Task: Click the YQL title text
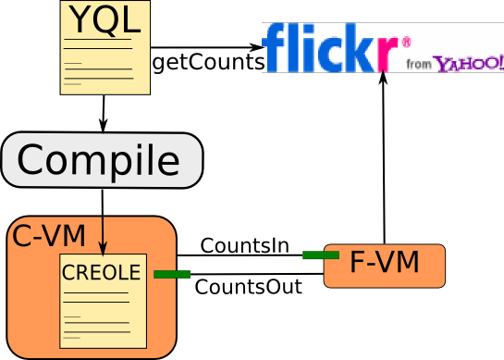[103, 19]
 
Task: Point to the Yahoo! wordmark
[469, 63]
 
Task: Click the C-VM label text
[47, 236]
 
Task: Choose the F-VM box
[384, 265]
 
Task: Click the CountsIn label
[244, 246]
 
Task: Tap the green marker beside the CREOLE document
[172, 274]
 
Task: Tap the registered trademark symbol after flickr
[405, 42]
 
